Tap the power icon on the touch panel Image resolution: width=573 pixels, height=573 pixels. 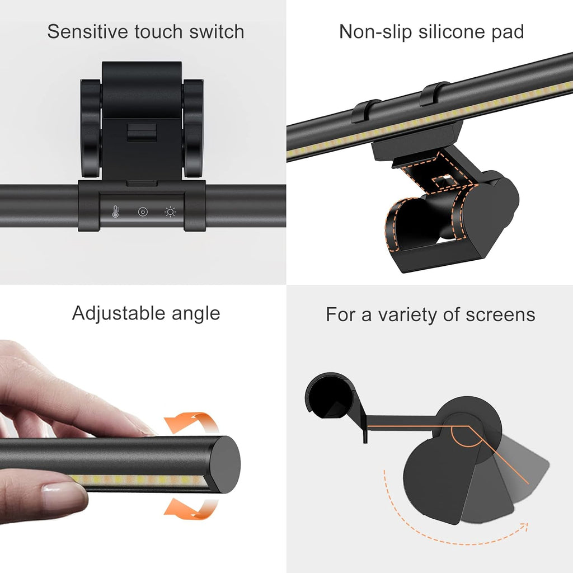[x=143, y=212]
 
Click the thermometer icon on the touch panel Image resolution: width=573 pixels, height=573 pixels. [x=116, y=212]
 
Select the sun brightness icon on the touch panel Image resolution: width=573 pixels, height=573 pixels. [x=170, y=212]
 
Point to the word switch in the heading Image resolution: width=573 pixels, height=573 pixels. [x=217, y=31]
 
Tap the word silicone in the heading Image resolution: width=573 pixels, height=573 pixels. [x=452, y=31]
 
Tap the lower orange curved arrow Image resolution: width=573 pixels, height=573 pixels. [x=192, y=509]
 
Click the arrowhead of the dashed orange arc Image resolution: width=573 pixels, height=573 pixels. [x=525, y=526]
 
